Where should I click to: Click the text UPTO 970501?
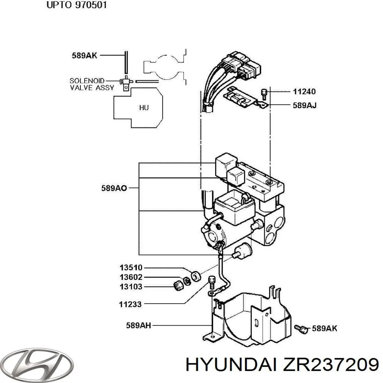coord(77,5)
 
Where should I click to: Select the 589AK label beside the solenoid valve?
coord(84,56)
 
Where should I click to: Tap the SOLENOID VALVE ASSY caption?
coord(92,84)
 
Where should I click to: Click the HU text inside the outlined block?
coord(144,108)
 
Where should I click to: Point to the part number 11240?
coord(304,92)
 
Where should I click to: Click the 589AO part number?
coord(114,188)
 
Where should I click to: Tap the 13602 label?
coord(131,277)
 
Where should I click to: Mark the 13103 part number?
coord(131,287)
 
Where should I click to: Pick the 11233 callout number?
coord(130,304)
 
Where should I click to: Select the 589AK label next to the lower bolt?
coord(324,328)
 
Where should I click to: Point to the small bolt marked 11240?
coord(264,94)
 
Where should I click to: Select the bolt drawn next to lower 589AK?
coord(301,329)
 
